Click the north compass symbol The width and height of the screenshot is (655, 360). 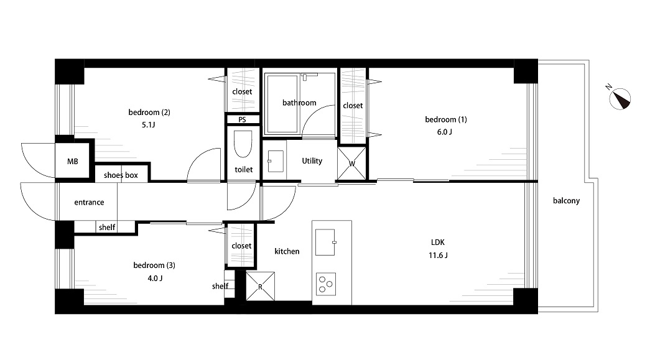point(620,99)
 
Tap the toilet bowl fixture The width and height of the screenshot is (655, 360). point(243,144)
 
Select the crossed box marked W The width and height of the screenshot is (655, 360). point(351,164)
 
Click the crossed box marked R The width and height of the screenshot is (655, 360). point(260,287)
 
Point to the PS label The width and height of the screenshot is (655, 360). point(243,120)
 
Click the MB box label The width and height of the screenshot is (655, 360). point(73,161)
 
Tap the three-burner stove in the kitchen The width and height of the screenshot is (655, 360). point(326,284)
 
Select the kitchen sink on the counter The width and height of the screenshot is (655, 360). point(325,242)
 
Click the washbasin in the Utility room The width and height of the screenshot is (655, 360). point(276,161)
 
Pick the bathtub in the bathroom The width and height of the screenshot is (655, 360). point(282,104)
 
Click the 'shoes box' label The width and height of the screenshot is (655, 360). point(121,175)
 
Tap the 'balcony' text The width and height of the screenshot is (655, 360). point(567,201)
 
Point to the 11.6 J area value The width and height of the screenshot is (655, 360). point(438,255)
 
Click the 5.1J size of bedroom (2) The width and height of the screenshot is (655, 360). point(148,124)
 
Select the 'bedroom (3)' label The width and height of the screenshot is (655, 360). point(154,265)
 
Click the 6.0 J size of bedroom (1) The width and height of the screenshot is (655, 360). point(445,132)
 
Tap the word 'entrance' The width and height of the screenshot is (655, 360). point(89,203)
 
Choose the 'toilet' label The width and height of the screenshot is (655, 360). point(244,170)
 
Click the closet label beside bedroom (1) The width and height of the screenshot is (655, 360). point(353,106)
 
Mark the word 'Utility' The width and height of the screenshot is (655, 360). point(312,161)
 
